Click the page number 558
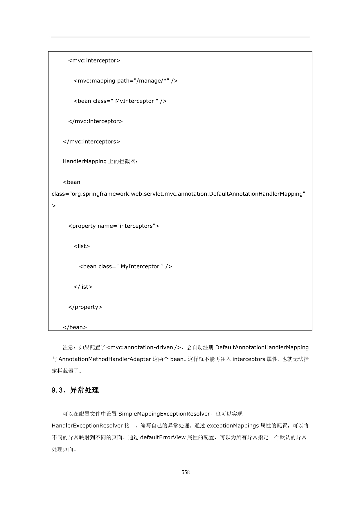186,472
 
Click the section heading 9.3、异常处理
75,390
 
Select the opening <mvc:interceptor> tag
94,60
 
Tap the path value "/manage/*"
152,81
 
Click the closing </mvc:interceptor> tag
95,121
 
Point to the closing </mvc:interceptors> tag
91,142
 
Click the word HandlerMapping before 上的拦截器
84,161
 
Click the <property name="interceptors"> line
114,226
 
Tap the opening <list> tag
82,246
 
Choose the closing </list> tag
83,287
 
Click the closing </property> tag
85,307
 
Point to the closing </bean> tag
75,327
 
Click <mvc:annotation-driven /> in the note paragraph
144,348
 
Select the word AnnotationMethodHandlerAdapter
105,359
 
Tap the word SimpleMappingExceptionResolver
164,414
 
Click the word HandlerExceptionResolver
87,426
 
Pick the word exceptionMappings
233,426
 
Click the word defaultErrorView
163,437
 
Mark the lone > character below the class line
54,206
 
